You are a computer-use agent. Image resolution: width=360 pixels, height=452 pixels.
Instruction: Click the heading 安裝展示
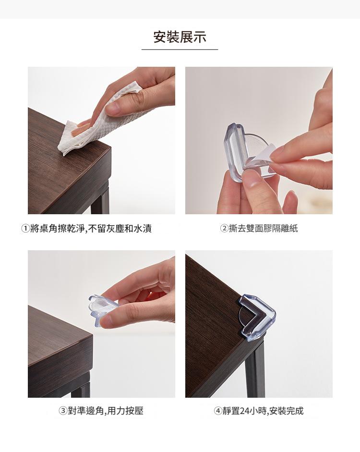coord(180,37)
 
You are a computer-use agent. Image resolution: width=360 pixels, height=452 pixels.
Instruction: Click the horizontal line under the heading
coord(180,49)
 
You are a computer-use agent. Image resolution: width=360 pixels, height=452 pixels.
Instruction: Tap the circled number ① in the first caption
coord(25,229)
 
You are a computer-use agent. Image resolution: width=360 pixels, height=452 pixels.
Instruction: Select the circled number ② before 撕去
coord(224,228)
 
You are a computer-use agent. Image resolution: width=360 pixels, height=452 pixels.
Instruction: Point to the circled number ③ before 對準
coord(63,411)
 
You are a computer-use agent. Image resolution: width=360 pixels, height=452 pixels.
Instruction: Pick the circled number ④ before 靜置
coord(218,411)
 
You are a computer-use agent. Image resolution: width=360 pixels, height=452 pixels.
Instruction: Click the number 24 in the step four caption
coord(244,411)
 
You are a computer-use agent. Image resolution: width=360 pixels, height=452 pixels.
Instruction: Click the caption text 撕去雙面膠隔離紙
coord(263,228)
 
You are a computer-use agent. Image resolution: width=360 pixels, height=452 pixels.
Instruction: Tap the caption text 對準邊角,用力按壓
coord(105,411)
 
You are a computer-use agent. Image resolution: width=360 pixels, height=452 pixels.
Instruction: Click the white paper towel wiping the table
coord(98,121)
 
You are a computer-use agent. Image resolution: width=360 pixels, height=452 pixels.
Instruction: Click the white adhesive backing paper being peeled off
coord(259,156)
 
